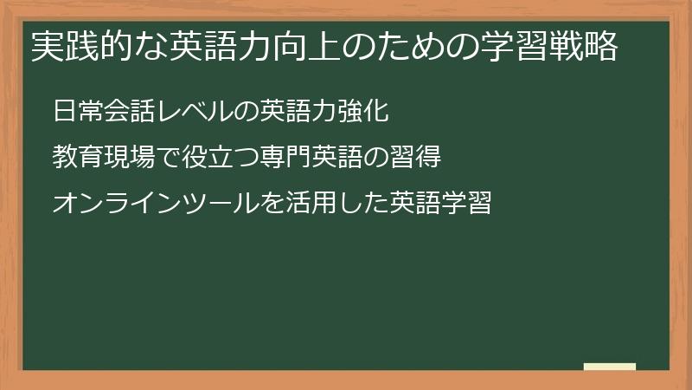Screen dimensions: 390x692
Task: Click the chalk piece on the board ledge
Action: coord(609,366)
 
